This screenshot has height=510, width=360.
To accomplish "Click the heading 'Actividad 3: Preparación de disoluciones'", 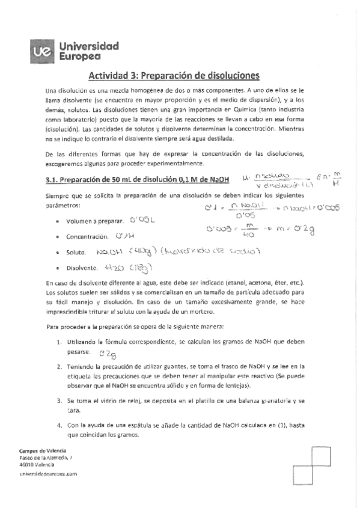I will (174, 76).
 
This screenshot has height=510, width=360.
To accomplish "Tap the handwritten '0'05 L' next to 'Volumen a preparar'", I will (142, 220).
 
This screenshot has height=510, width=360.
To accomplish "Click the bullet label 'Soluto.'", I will (78, 253).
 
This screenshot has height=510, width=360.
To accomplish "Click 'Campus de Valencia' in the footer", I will (43, 450).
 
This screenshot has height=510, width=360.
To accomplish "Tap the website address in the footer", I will (49, 474).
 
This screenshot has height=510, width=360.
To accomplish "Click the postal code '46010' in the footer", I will (28, 465).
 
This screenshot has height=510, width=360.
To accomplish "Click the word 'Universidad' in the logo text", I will (89, 46).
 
